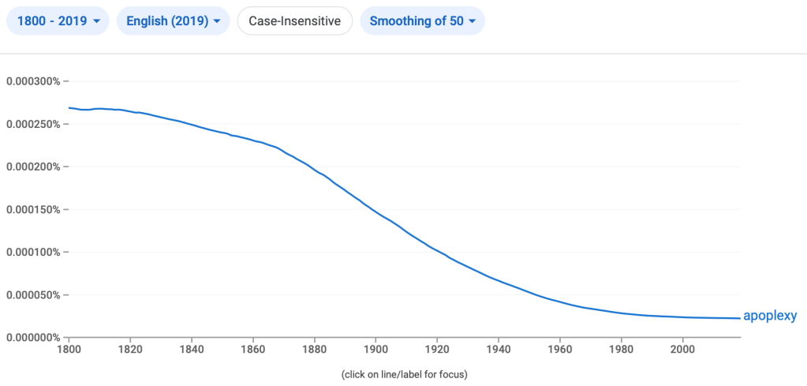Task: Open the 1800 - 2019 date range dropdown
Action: [58, 21]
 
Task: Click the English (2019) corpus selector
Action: [173, 21]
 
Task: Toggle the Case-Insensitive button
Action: [294, 21]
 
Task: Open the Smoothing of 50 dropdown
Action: [422, 21]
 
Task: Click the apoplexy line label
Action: [770, 317]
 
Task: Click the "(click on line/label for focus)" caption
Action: [405, 373]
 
